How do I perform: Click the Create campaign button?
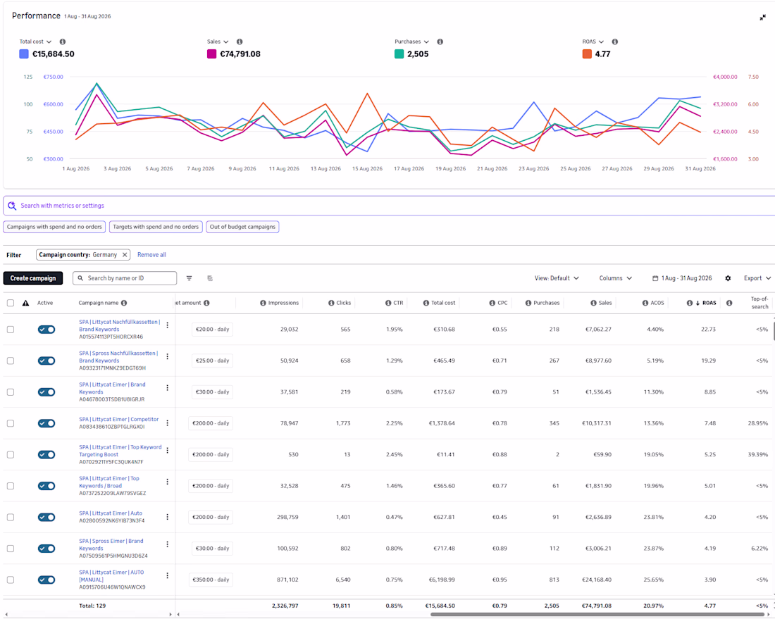tap(33, 278)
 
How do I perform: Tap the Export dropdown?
tap(757, 278)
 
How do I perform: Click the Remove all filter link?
tap(151, 255)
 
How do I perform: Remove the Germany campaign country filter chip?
tap(125, 255)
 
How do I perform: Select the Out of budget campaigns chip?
tap(242, 227)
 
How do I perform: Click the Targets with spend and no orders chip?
tap(156, 227)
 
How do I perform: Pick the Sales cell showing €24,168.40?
tap(597, 580)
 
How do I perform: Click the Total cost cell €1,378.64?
tap(442, 423)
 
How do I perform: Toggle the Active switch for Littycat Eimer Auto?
tap(46, 517)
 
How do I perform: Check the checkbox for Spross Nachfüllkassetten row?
tap(11, 361)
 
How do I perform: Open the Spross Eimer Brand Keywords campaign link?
tap(111, 544)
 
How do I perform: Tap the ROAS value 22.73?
tap(708, 330)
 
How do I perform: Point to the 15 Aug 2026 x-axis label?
tap(367, 168)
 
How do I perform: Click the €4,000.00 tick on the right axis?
tap(724, 77)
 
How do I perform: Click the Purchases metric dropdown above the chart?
tap(411, 42)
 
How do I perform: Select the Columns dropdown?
tap(615, 278)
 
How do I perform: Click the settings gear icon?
tap(728, 278)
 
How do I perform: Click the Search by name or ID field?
tap(125, 278)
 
